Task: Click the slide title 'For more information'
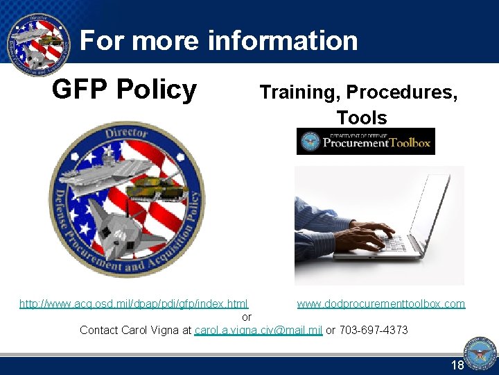pyautogui.click(x=219, y=41)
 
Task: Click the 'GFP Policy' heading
pyautogui.click(x=125, y=90)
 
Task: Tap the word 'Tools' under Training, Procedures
pyautogui.click(x=362, y=117)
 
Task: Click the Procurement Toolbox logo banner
pyautogui.click(x=365, y=142)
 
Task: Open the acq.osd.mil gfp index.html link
pyautogui.click(x=134, y=304)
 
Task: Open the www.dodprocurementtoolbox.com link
pyautogui.click(x=381, y=304)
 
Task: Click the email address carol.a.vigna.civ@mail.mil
pyautogui.click(x=259, y=330)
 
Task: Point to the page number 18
pyautogui.click(x=457, y=365)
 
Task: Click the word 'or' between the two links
pyautogui.click(x=247, y=317)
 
